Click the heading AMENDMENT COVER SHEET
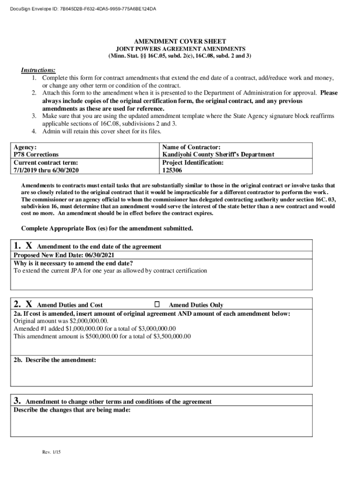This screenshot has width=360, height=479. pyautogui.click(x=180, y=42)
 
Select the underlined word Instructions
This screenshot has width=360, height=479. pyautogui.click(x=38, y=70)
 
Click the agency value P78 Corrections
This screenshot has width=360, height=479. pyautogui.click(x=36, y=154)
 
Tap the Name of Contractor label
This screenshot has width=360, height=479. pyautogui.click(x=191, y=147)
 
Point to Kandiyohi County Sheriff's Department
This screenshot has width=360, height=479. pyautogui.click(x=218, y=154)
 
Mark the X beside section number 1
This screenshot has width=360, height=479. pyautogui.click(x=29, y=246)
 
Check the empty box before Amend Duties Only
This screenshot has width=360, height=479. pyautogui.click(x=157, y=304)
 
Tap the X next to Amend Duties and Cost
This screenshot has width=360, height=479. pyautogui.click(x=29, y=304)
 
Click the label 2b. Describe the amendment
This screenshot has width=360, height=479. pyautogui.click(x=55, y=360)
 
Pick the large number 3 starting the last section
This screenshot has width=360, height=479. pyautogui.click(x=16, y=400)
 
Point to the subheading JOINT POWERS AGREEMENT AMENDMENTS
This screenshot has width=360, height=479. pyautogui.click(x=180, y=49)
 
